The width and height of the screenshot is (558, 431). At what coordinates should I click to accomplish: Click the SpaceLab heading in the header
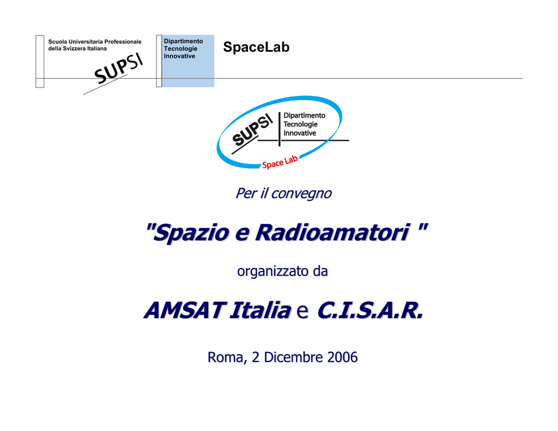pos(256,47)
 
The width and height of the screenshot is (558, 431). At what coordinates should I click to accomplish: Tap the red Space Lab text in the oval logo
pos(280,162)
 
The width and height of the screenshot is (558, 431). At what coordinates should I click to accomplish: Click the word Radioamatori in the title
pos(333,233)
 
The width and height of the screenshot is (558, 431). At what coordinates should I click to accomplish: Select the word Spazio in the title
pos(191,233)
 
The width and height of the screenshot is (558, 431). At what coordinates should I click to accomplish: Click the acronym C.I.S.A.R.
pos(370,310)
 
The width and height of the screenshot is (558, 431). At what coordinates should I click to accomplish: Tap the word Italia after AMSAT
pos(260,310)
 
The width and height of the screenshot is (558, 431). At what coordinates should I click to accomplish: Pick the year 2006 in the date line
pos(342,357)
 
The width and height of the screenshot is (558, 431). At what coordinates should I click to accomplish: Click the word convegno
pos(301,194)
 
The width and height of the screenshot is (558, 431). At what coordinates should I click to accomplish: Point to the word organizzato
pos(273,271)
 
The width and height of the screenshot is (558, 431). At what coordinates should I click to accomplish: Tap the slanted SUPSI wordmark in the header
pos(118,68)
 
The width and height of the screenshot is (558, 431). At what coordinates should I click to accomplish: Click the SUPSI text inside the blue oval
pos(252,130)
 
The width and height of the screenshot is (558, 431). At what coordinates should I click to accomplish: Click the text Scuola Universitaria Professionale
pos(95,41)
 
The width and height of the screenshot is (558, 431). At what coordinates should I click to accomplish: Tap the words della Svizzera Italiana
pos(77,48)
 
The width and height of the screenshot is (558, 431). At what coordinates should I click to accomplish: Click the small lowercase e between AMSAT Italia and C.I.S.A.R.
pos(302,311)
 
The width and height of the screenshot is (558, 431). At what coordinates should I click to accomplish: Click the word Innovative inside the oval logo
pos(300,133)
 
